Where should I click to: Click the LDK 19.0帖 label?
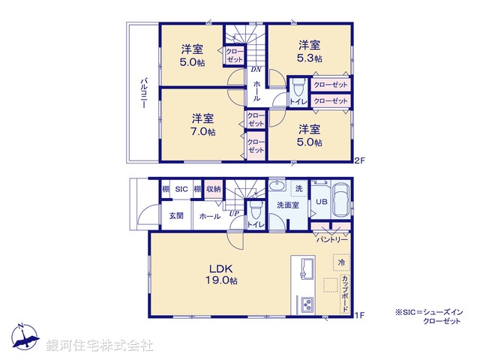pyautogui.click(x=223, y=274)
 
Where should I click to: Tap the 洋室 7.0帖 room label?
pyautogui.click(x=202, y=124)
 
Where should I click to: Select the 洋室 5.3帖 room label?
pyautogui.click(x=308, y=51)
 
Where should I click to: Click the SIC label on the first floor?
pyautogui.click(x=181, y=190)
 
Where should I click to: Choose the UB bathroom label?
pyautogui.click(x=321, y=202)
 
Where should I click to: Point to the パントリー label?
pyautogui.click(x=331, y=240)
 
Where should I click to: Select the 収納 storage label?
pyautogui.click(x=214, y=190)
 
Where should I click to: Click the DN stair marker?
pyautogui.click(x=256, y=69)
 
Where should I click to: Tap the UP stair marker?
pyautogui.click(x=234, y=212)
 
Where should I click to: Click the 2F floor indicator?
pyautogui.click(x=359, y=158)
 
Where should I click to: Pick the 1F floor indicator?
pyautogui.click(x=359, y=316)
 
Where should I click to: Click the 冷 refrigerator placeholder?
pyautogui.click(x=341, y=263)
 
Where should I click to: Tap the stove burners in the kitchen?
pyautogui.click(x=308, y=305)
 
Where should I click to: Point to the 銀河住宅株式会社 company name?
pyautogui.click(x=100, y=346)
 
